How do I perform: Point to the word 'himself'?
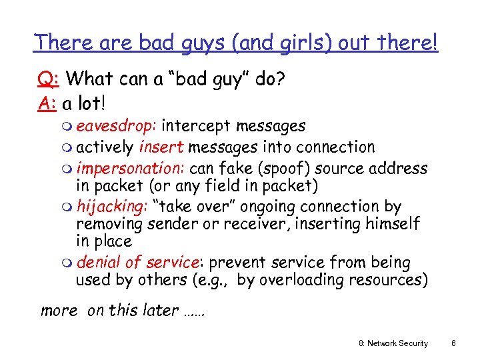(393, 223)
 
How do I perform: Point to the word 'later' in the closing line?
(159, 310)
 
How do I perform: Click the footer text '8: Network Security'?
(393, 343)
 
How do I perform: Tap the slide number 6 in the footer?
(453, 343)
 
